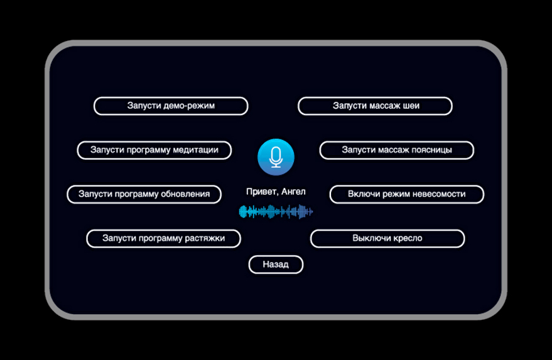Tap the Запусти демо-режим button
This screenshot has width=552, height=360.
(x=171, y=106)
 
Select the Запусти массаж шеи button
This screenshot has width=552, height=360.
(x=375, y=106)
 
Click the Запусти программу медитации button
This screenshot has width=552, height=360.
(x=154, y=150)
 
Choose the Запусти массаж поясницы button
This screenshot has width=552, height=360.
(x=396, y=150)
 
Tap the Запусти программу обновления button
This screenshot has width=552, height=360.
(x=144, y=194)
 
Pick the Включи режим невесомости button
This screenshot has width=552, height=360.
(x=406, y=194)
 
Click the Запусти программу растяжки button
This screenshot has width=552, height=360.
(x=164, y=239)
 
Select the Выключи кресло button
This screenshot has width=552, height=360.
(x=387, y=239)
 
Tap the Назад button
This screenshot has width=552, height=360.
(x=276, y=265)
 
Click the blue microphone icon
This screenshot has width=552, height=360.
(x=276, y=157)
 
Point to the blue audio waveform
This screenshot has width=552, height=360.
(x=276, y=212)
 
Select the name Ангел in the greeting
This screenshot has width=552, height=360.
(x=293, y=192)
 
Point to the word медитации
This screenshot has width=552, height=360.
(x=195, y=150)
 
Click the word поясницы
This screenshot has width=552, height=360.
(x=431, y=150)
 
